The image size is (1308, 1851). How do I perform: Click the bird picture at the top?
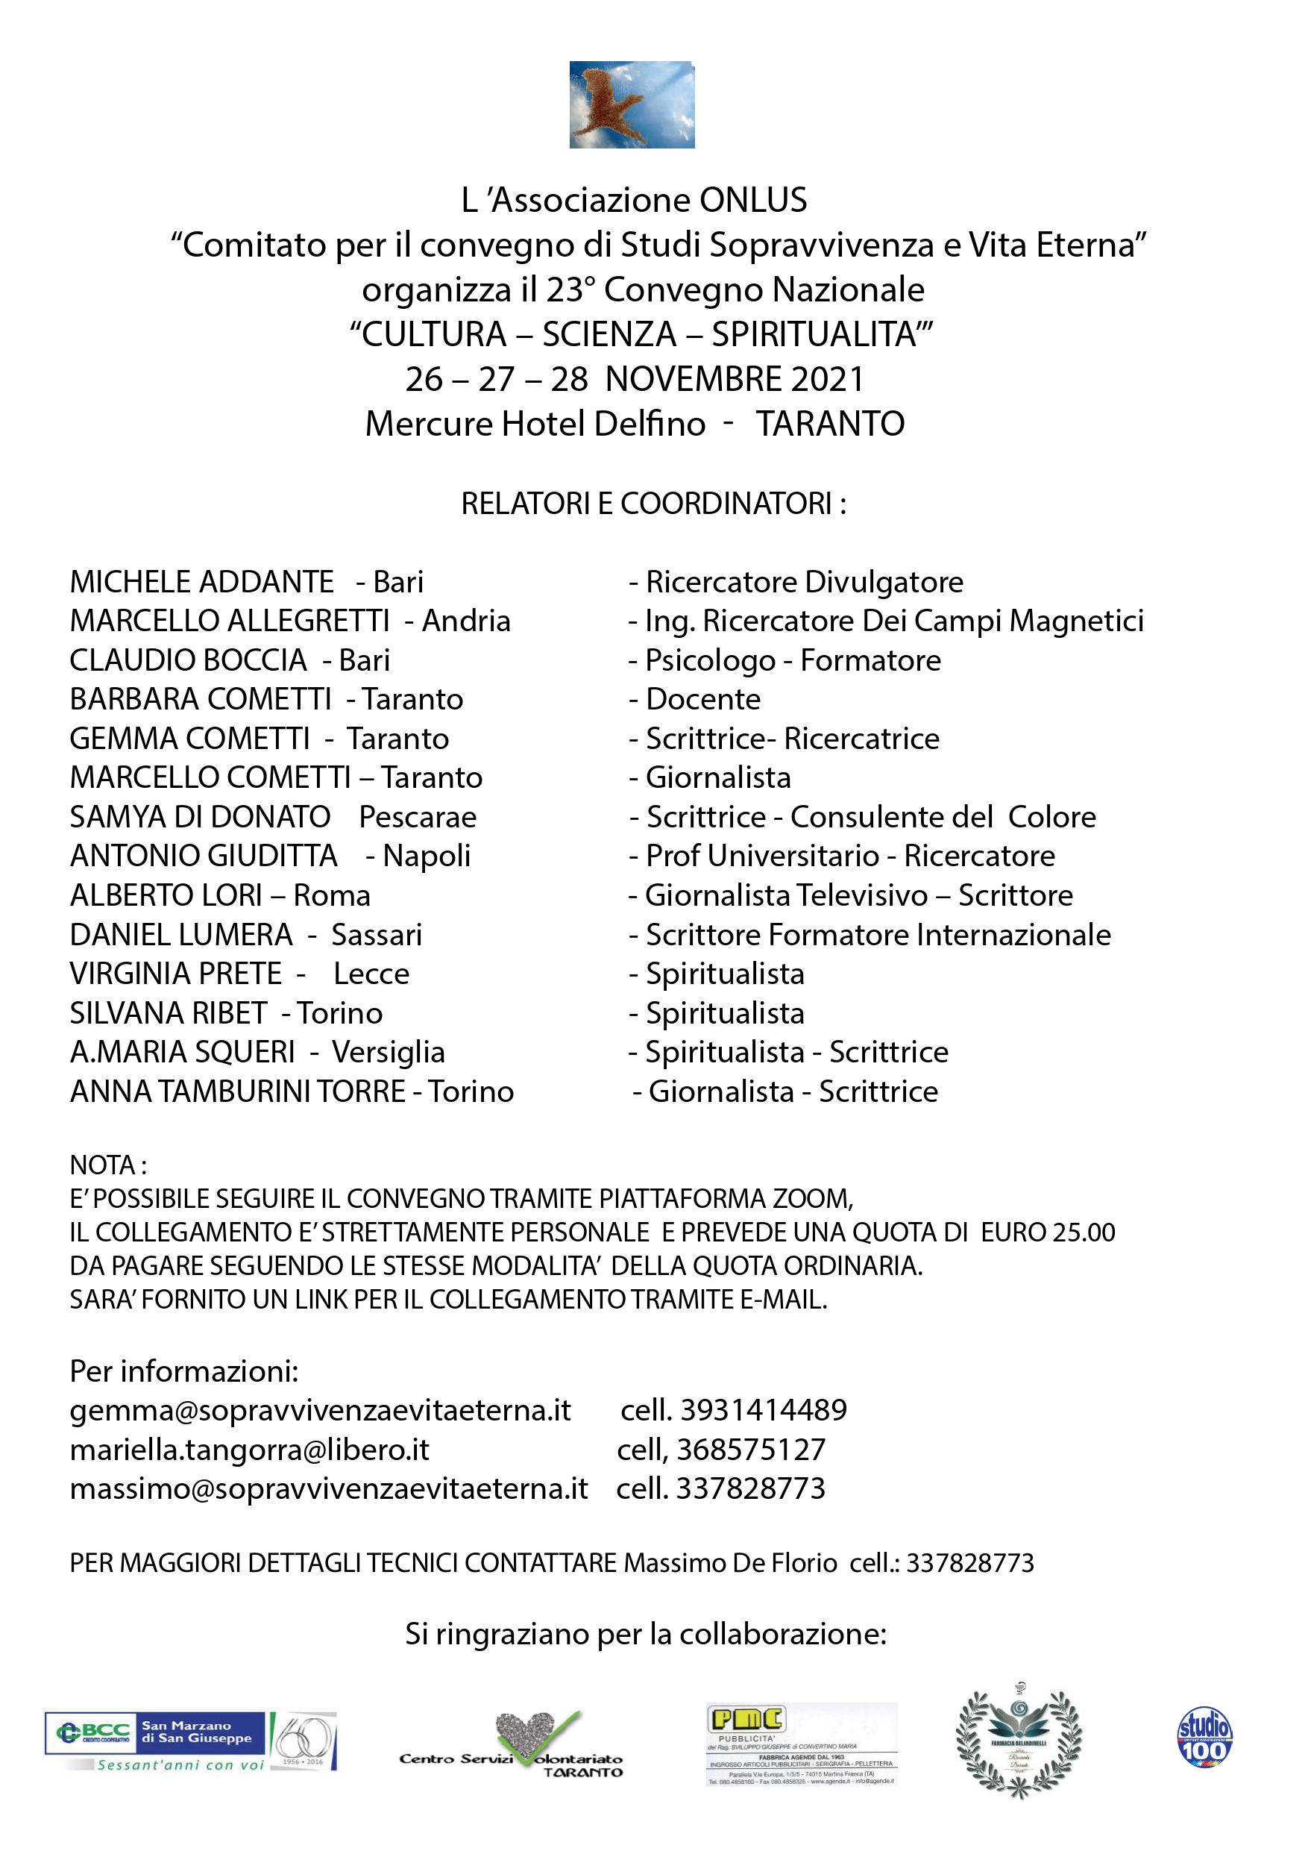[x=632, y=104]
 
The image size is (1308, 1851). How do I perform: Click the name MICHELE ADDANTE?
[x=201, y=582]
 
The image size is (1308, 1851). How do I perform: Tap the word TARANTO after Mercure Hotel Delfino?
[x=830, y=424]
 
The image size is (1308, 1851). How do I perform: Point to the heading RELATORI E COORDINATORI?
[x=653, y=504]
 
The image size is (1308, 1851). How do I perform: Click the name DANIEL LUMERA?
[x=180, y=935]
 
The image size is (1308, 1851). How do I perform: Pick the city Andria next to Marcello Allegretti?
[x=466, y=621]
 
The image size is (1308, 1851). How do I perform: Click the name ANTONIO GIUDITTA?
[x=203, y=856]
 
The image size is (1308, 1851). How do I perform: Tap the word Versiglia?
[x=388, y=1052]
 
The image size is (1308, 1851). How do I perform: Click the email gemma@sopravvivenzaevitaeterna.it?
[x=320, y=1410]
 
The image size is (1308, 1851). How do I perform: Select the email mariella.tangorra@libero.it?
[x=249, y=1450]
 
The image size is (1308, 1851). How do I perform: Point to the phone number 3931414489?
[x=763, y=1410]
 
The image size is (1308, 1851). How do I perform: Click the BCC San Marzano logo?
[x=190, y=1741]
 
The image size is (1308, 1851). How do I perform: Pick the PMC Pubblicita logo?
[x=801, y=1744]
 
